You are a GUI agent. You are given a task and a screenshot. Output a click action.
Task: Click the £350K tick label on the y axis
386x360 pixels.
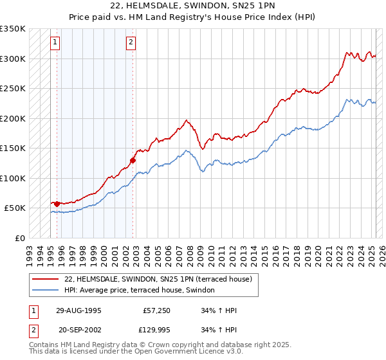pyautogui.click(x=13, y=29)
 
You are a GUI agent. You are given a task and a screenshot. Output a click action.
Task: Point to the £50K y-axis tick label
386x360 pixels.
pyautogui.click(x=15, y=208)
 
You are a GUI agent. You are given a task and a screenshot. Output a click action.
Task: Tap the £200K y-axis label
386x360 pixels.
pyautogui.click(x=13, y=118)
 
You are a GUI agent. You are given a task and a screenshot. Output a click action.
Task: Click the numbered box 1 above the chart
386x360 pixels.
pyautogui.click(x=55, y=43)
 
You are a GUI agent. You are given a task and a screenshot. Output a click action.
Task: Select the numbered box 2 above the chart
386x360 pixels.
pyautogui.click(x=131, y=43)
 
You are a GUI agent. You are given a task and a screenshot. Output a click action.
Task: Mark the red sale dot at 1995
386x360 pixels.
pyautogui.click(x=57, y=204)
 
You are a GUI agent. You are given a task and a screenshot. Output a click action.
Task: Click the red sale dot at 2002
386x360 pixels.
pyautogui.click(x=133, y=160)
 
